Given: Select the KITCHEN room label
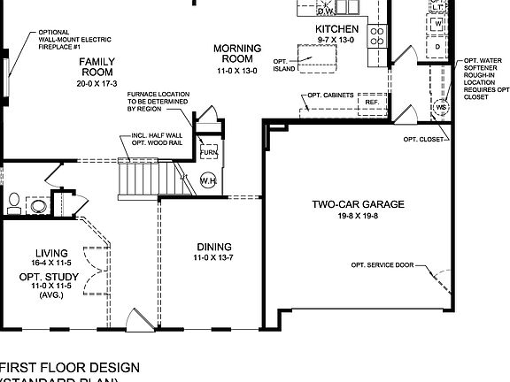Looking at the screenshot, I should (337, 28).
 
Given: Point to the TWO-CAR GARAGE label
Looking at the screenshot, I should (358, 204).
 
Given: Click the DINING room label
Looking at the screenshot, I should (214, 247).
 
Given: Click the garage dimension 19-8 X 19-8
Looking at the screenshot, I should (358, 216).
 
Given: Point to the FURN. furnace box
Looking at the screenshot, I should (209, 152).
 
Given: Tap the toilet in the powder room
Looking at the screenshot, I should (12, 204).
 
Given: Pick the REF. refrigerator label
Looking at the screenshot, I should (371, 102).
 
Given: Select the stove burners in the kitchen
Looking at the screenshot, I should (377, 36).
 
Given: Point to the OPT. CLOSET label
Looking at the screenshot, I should (425, 139).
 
